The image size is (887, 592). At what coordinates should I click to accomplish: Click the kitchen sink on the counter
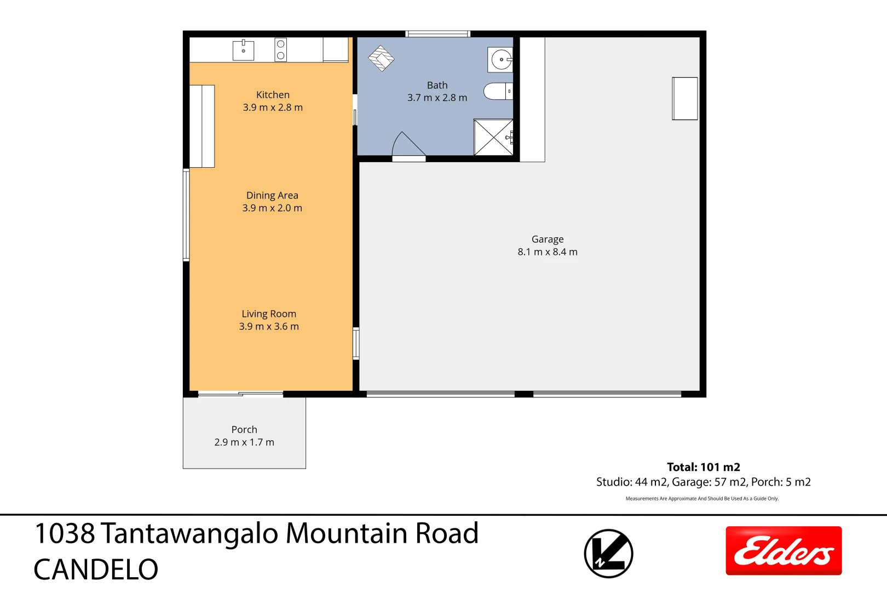(x=243, y=50)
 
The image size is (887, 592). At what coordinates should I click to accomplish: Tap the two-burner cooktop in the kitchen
(x=281, y=50)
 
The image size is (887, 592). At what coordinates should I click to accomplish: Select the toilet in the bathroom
(x=498, y=92)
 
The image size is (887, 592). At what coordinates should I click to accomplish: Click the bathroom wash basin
(x=500, y=59)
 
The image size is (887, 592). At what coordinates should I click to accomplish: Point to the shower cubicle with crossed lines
(x=493, y=137)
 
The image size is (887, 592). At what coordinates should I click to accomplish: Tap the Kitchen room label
(x=273, y=95)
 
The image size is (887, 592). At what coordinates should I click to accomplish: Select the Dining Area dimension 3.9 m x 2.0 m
(x=272, y=208)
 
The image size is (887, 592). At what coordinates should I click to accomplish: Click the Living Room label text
(x=269, y=314)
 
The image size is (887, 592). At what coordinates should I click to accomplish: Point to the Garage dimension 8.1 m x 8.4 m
(x=548, y=252)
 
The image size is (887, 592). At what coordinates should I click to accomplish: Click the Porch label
(x=244, y=430)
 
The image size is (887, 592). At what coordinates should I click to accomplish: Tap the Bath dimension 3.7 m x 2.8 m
(x=437, y=98)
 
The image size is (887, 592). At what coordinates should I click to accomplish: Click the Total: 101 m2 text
(x=703, y=467)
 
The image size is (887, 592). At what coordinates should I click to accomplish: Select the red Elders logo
(x=784, y=550)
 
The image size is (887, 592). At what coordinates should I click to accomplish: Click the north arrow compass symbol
(x=608, y=553)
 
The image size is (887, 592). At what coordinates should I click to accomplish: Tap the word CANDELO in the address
(x=96, y=570)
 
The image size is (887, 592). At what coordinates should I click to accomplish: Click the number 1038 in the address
(x=65, y=533)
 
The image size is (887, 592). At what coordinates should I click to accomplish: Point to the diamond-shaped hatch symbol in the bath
(x=381, y=58)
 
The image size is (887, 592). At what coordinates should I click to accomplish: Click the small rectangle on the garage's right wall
(x=684, y=99)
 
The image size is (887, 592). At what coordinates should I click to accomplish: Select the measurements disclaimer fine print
(x=702, y=499)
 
